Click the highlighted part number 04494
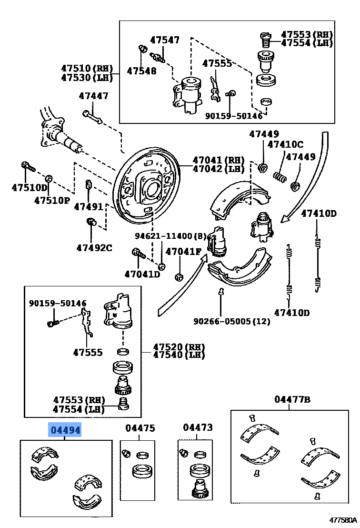point(66,430)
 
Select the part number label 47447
point(93,96)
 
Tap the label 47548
point(141,71)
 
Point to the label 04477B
point(292,399)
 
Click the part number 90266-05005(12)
point(231,321)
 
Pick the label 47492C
point(94,247)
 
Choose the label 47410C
point(285,144)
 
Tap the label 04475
point(140,428)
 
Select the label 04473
point(198,428)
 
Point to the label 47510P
point(52,200)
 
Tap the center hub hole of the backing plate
point(153,189)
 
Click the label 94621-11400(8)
point(170,236)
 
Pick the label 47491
point(88,206)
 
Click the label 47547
point(165,40)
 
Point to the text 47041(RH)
point(218,160)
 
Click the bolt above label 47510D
point(27,167)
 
